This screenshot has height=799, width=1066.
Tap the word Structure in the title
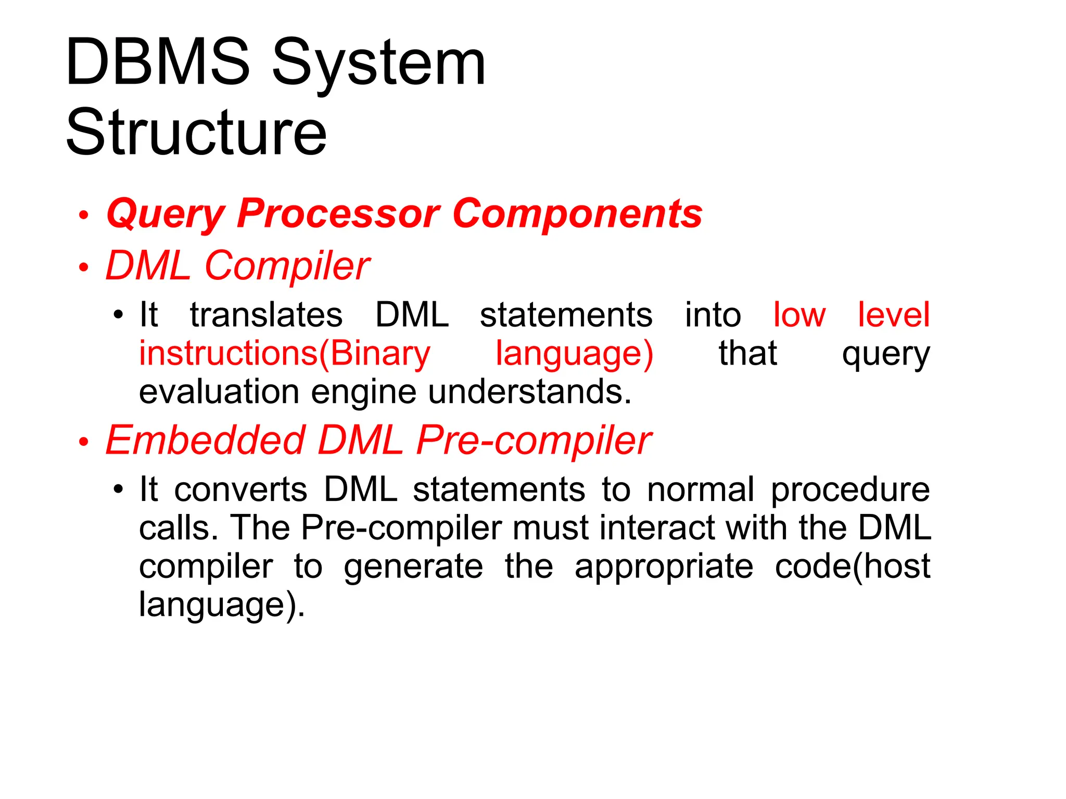click(196, 132)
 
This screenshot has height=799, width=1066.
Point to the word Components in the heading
click(577, 214)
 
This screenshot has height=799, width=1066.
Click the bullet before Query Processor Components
click(84, 215)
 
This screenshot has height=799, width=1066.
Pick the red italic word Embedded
click(205, 441)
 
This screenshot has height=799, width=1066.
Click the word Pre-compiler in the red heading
click(534, 441)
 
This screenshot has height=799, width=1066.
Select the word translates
click(266, 315)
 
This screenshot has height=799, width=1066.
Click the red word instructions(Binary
click(285, 354)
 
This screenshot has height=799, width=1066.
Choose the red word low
click(799, 315)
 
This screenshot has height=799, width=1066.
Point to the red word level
click(893, 315)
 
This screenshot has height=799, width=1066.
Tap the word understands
click(529, 392)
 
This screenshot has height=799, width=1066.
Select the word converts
click(240, 490)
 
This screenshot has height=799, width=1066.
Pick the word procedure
click(850, 490)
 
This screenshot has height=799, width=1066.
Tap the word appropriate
click(664, 567)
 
